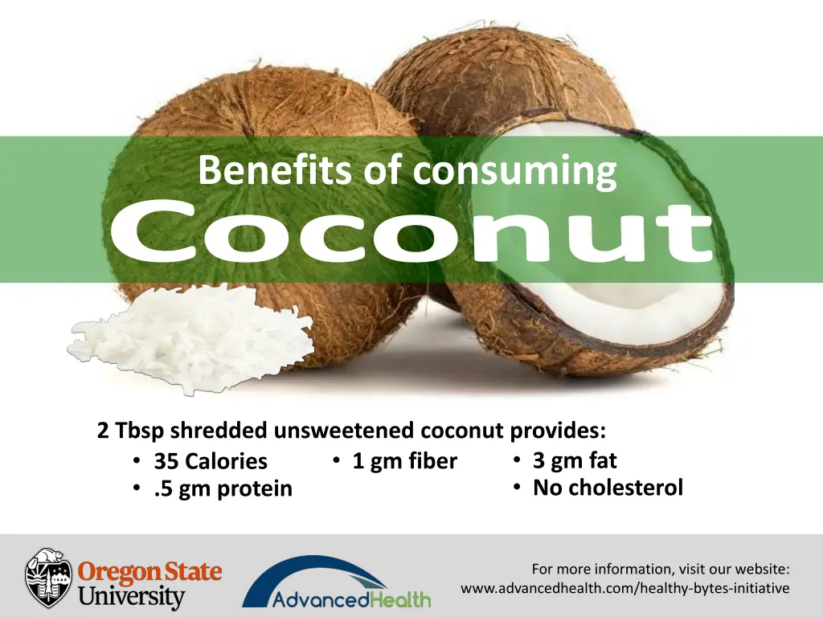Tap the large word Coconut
point(411,233)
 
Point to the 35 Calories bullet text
point(211,461)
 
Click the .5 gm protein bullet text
point(223,488)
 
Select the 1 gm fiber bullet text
point(404,461)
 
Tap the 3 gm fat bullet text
point(575,460)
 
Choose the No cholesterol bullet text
point(608,487)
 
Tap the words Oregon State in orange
point(149,572)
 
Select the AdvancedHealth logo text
point(351,599)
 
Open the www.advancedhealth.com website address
point(624,589)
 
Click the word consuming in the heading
point(514,170)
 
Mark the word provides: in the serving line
point(558,431)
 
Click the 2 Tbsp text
point(129,431)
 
